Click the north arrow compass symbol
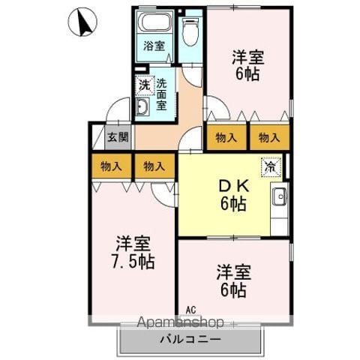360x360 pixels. (82, 22)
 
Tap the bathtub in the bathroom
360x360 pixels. (155, 22)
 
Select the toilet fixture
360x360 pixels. (190, 32)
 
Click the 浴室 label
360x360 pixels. (154, 46)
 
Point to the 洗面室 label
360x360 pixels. (161, 94)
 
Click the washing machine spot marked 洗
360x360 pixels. (145, 85)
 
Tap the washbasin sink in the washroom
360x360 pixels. (142, 106)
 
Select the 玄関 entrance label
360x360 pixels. (118, 137)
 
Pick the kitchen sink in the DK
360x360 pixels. (280, 196)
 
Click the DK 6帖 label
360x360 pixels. (234, 195)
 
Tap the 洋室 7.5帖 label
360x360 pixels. (133, 252)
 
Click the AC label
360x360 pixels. (190, 310)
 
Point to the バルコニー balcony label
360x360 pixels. (190, 339)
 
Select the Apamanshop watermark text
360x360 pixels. (180, 322)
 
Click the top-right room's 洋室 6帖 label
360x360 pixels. (247, 65)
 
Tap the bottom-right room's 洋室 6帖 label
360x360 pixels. (233, 281)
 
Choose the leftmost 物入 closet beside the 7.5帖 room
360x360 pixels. (111, 166)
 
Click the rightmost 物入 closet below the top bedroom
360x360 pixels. (269, 137)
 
